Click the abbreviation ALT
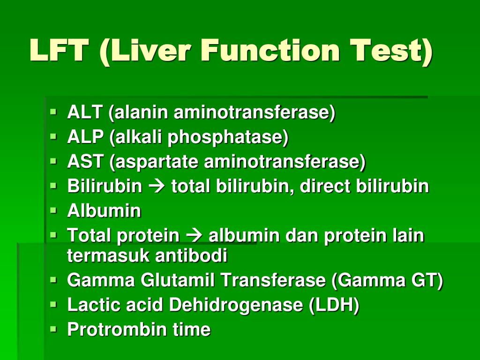pyautogui.click(x=84, y=112)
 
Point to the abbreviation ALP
pyautogui.click(x=85, y=136)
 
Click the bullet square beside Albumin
pyautogui.click(x=53, y=210)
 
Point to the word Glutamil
pyautogui.click(x=177, y=280)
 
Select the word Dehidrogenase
pyautogui.click(x=236, y=305)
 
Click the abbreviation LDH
pyautogui.click(x=334, y=305)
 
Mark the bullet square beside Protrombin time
pyautogui.click(x=53, y=329)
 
